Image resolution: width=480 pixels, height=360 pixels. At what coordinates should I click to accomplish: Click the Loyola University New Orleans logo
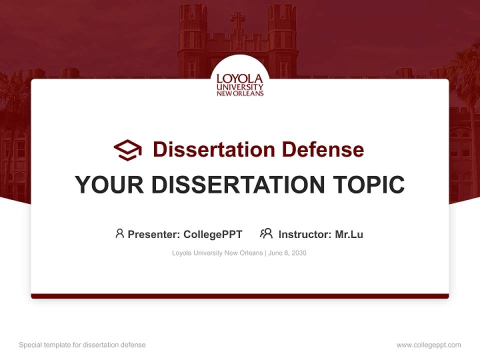click(x=240, y=84)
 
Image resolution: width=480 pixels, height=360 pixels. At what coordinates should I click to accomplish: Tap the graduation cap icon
click(x=128, y=149)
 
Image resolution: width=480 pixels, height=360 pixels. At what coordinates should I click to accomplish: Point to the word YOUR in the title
click(x=109, y=184)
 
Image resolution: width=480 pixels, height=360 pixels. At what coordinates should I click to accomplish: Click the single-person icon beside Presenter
click(x=119, y=233)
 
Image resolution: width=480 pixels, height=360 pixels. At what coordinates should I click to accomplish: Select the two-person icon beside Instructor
click(x=266, y=233)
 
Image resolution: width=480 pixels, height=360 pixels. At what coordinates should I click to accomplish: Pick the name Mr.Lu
click(x=349, y=234)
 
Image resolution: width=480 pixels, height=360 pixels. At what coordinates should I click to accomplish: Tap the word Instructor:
click(x=304, y=234)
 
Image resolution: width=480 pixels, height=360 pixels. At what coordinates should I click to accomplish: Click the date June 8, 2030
click(x=287, y=253)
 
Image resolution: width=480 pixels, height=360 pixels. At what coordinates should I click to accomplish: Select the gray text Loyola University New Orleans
click(x=217, y=253)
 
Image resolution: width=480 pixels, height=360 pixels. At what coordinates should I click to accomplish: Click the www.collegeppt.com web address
click(x=428, y=345)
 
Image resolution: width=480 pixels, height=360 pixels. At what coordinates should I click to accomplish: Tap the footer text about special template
click(x=82, y=345)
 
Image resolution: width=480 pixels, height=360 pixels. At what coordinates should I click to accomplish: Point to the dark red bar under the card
click(x=240, y=296)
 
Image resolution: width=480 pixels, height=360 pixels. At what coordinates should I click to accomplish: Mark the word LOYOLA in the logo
click(x=240, y=78)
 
